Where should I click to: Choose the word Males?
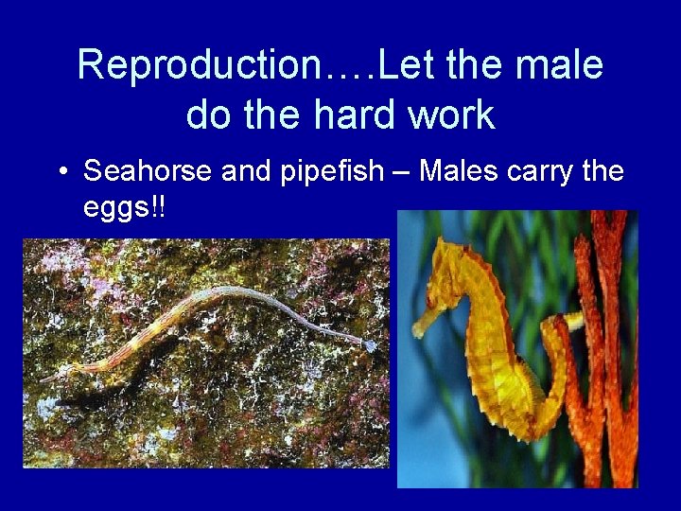click(x=460, y=171)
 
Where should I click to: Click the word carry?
click(x=543, y=172)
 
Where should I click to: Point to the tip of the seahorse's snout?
click(x=415, y=332)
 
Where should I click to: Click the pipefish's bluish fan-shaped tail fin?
click(x=370, y=345)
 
